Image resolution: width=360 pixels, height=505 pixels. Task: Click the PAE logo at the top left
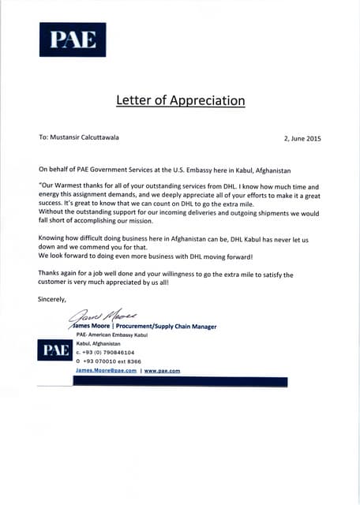point(72,39)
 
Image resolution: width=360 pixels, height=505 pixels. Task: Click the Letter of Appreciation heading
point(180,100)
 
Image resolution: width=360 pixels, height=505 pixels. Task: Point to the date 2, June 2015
point(302,138)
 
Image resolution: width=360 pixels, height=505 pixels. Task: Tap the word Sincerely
point(52,299)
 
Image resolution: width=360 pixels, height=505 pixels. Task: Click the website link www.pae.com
point(163,370)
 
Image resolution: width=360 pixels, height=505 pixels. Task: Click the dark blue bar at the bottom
point(181,381)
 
